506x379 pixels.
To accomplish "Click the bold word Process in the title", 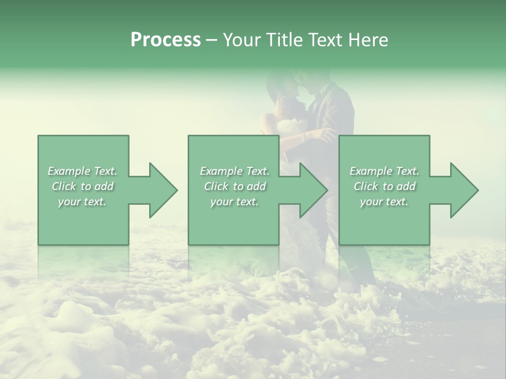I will pos(166,40).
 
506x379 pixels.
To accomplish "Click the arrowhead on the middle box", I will pos(313,190).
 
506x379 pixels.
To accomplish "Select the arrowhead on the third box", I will pos(464,190).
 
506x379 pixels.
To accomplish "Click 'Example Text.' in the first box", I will pos(83,171).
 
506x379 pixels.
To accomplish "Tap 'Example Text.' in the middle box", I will pos(235,171).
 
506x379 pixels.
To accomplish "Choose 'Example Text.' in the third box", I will pos(384,171).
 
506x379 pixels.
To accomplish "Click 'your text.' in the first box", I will pos(82,202).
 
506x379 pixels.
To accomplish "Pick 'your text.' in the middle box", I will pos(234,202).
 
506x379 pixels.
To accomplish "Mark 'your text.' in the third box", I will pos(384,202).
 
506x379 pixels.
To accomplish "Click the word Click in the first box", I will pos(64,186).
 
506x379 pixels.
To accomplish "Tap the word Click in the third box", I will pos(366,186).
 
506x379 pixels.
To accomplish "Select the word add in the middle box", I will pos(256,186).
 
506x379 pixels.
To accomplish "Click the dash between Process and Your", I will pos(211,41).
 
